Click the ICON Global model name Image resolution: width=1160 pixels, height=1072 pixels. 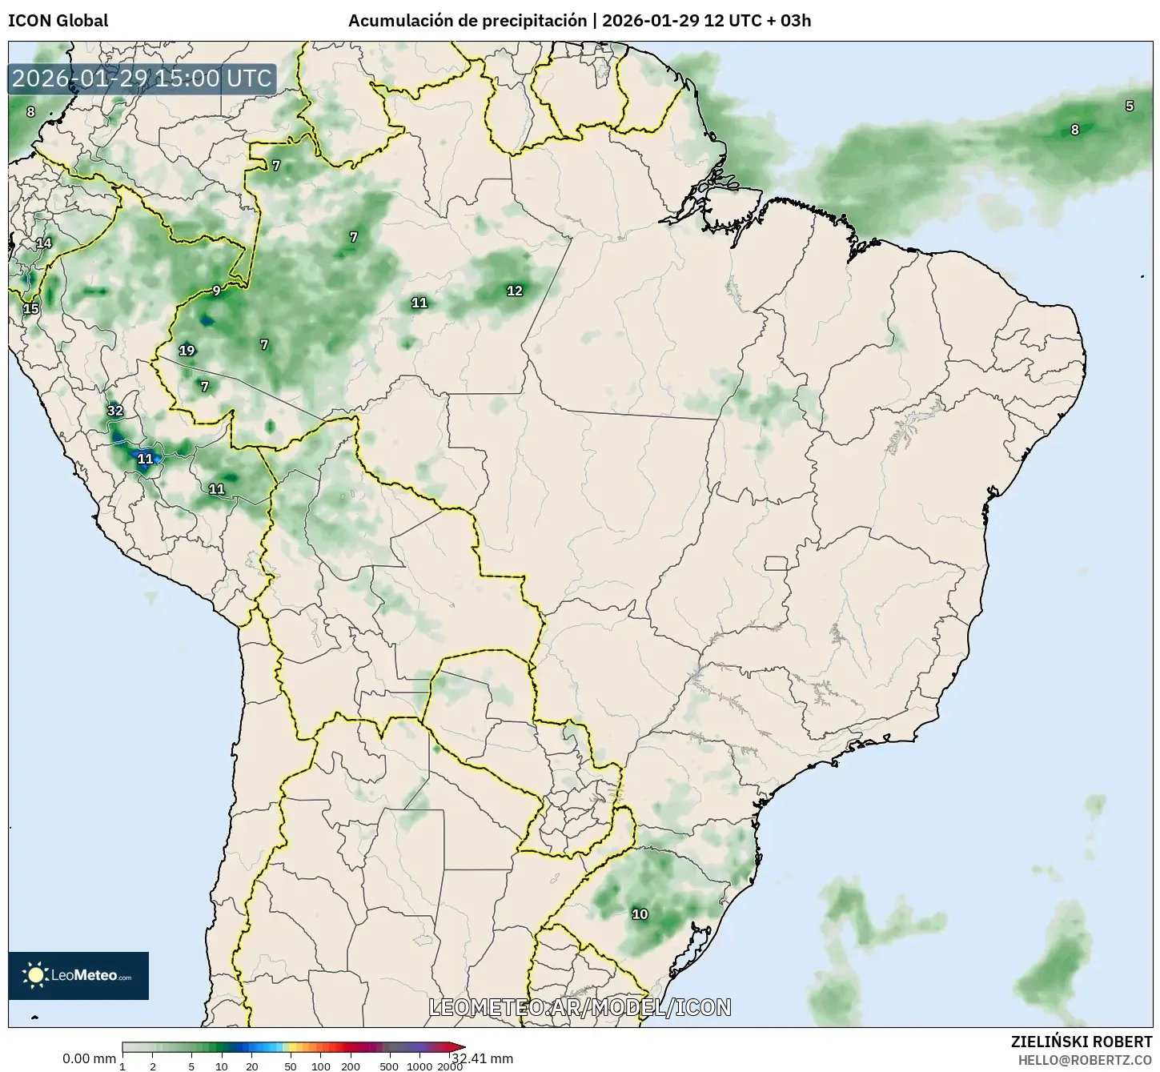coord(58,21)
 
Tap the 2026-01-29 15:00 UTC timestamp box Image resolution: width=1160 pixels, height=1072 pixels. coord(142,78)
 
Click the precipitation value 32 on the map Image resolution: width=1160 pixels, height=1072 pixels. coord(115,411)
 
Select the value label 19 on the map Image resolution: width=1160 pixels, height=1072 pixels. coord(187,350)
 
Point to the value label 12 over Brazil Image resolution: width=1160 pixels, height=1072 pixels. coord(515,291)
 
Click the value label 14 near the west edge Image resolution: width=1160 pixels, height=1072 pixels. coord(43,243)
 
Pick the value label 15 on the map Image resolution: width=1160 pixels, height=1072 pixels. coord(30,308)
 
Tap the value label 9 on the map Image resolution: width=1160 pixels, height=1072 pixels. coord(216,291)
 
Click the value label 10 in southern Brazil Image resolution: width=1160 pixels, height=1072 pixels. coord(640,914)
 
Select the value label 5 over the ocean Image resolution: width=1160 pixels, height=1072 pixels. coord(1130,106)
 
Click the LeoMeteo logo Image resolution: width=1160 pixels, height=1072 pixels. coord(78,975)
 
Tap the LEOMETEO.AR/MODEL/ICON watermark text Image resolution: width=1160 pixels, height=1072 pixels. coord(580,1007)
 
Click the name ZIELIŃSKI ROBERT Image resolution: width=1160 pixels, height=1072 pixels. coord(1082,1042)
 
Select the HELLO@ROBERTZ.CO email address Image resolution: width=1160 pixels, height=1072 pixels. coord(1085,1059)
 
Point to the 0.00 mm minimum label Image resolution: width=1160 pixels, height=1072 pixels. coord(89,1058)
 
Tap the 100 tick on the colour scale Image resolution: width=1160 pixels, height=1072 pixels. coord(320,1066)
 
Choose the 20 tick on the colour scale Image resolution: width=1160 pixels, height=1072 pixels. coord(252,1066)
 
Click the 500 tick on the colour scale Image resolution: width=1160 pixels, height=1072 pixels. coord(389,1066)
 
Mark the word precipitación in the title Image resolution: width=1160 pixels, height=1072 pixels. coord(533,21)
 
